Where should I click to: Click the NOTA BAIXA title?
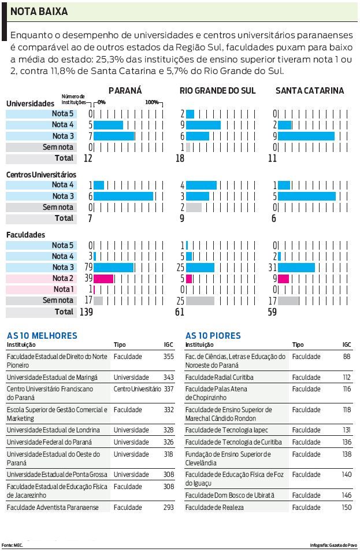[39, 11]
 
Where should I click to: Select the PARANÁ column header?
[125, 90]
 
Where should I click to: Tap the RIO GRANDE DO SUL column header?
[217, 90]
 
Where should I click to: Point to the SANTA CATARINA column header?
[309, 90]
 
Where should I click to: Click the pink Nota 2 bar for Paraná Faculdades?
[103, 279]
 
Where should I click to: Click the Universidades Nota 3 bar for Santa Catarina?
[306, 136]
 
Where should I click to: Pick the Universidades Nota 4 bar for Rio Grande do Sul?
[203, 125]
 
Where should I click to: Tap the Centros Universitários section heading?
[41, 174]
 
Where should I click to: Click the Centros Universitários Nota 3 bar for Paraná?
[123, 197]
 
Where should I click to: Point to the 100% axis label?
[151, 102]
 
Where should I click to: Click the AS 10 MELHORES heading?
[42, 336]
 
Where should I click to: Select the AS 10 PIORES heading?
[213, 336]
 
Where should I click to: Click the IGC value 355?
[168, 357]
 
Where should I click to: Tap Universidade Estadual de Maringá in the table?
[52, 377]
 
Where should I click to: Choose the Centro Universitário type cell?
[137, 390]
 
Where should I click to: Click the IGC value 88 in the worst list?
[346, 357]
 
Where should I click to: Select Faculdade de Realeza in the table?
[214, 507]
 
